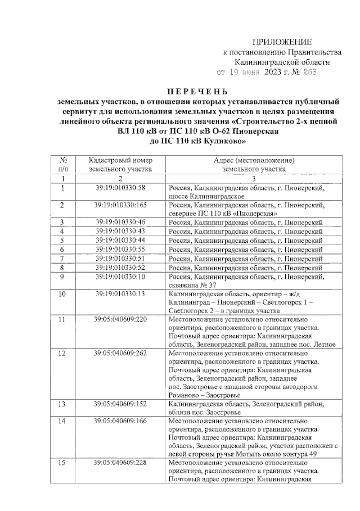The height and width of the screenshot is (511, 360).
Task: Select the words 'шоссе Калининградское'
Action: tap(206, 197)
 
